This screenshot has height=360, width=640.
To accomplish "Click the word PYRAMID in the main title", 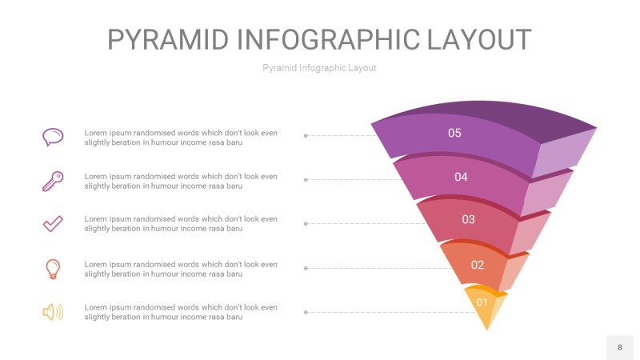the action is [168, 39].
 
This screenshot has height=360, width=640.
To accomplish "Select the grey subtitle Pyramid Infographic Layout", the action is [319, 68].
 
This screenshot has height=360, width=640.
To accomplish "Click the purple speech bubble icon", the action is [53, 137].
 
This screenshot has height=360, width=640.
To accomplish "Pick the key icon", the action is [53, 182].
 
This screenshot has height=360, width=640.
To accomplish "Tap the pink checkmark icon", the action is [53, 224].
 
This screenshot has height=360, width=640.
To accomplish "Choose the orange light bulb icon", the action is [53, 269].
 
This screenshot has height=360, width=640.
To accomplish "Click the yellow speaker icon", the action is [53, 312].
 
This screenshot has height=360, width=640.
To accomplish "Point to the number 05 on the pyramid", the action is [454, 133].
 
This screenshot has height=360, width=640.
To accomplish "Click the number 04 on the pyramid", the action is [461, 177].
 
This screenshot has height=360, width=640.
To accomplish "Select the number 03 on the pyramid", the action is [468, 219].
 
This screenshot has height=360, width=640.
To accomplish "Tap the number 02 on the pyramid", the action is [477, 266].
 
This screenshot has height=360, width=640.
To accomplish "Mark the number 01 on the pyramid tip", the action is [482, 302].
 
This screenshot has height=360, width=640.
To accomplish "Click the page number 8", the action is [620, 347].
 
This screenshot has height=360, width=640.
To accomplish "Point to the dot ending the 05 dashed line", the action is [306, 135].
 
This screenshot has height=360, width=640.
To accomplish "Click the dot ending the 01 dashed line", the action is [306, 312].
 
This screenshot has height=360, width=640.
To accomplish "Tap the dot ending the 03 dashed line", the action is [306, 224].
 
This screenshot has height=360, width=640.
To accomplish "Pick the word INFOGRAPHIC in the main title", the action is [328, 39].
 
